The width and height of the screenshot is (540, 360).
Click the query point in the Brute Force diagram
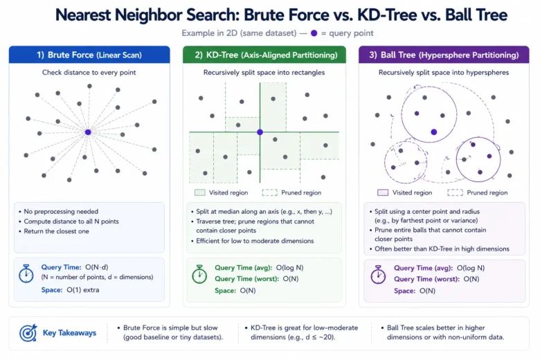88,132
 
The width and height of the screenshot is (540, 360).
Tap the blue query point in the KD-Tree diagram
260,132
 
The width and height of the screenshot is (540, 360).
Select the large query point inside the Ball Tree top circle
434,132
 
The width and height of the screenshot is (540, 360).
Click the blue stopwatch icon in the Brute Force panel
26,273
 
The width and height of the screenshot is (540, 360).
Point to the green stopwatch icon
199,274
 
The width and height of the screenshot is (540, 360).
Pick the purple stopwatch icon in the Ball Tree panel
378,275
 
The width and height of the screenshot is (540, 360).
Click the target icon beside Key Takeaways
28,333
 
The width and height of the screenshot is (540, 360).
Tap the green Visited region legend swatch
200,192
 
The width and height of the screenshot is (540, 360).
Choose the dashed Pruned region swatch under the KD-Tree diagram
270,192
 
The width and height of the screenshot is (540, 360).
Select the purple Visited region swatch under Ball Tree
383,192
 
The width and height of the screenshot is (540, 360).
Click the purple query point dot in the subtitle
314,33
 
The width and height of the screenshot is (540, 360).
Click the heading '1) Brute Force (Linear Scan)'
89,55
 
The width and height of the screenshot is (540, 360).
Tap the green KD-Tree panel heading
266,55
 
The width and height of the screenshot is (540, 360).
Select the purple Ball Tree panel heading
444,55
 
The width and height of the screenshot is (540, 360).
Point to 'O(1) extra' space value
82,289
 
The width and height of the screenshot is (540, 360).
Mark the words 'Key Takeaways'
69,333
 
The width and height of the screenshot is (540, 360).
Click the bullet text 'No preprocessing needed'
61,212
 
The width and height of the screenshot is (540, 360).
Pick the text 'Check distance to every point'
89,72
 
